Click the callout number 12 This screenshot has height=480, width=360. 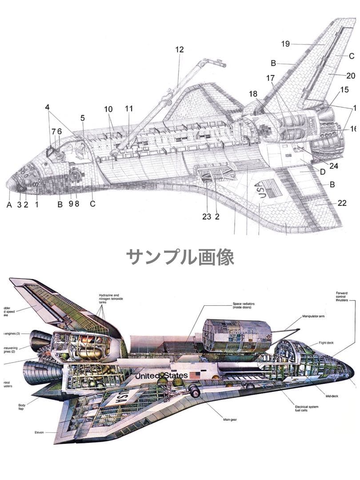coord(179,50)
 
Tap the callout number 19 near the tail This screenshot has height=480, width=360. coord(285,44)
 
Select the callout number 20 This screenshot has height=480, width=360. coord(351,76)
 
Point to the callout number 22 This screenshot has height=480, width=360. coord(342,203)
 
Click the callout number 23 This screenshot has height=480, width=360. coord(206,217)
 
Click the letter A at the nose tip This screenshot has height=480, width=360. coord(9,204)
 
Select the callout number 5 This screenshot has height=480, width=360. coord(82,118)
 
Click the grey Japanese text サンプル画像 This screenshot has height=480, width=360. coord(180,257)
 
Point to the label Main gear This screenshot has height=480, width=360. coord(230,419)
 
